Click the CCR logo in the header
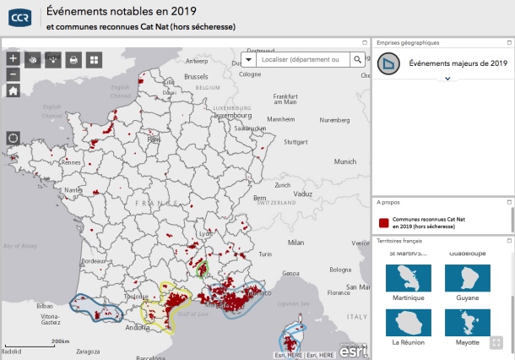pyautogui.click(x=19, y=17)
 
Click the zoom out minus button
pyautogui.click(x=13, y=74)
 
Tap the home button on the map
pyautogui.click(x=13, y=91)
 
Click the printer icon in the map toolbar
pyautogui.click(x=73, y=59)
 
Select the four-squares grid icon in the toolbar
pyautogui.click(x=94, y=59)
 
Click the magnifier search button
pyautogui.click(x=358, y=59)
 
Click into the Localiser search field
pyautogui.click(x=300, y=59)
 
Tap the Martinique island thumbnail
pyautogui.click(x=409, y=278)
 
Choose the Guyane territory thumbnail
pyautogui.click(x=468, y=278)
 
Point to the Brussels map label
pyautogui.click(x=196, y=77)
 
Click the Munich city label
pyautogui.click(x=344, y=161)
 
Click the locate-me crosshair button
pyautogui.click(x=13, y=138)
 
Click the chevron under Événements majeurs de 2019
pyautogui.click(x=447, y=79)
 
